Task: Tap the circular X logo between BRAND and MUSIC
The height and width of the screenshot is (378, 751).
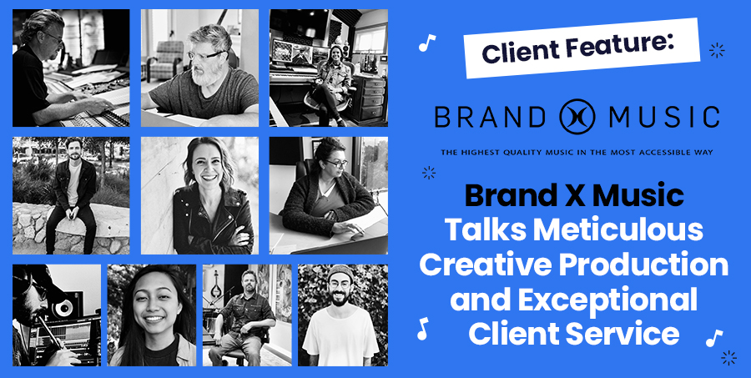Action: tap(577, 117)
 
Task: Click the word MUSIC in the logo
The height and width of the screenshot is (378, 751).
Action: tap(664, 117)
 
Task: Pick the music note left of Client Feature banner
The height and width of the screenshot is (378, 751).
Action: tap(426, 43)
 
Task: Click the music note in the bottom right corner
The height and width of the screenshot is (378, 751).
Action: tap(713, 338)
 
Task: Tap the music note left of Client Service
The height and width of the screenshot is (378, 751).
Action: tap(422, 329)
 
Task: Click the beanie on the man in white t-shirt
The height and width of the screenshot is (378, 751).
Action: tap(340, 273)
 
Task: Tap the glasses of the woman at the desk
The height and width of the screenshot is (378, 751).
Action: tap(336, 163)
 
